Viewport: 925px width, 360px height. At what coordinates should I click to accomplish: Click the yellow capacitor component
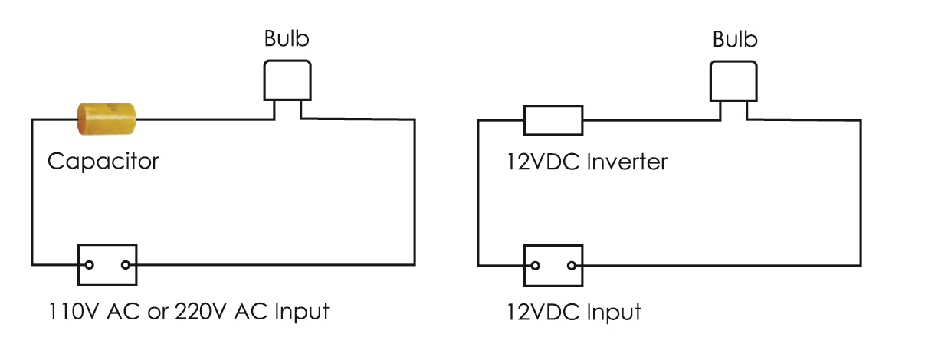106,119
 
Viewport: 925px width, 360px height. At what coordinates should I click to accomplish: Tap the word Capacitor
103,162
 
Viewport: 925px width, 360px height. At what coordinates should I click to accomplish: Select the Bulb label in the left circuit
287,39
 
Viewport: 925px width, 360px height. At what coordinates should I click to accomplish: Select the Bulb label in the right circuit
735,39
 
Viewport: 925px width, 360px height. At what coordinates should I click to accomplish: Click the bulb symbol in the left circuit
287,81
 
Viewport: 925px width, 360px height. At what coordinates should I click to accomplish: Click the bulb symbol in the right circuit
734,81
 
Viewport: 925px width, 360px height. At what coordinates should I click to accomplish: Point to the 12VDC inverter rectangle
553,119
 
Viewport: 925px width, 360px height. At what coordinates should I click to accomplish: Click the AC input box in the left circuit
107,265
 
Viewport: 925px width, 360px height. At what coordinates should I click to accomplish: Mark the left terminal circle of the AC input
90,265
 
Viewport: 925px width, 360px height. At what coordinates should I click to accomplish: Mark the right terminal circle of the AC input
126,265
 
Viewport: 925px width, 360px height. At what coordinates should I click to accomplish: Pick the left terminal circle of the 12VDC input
535,266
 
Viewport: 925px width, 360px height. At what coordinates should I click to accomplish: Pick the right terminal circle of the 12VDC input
571,266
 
